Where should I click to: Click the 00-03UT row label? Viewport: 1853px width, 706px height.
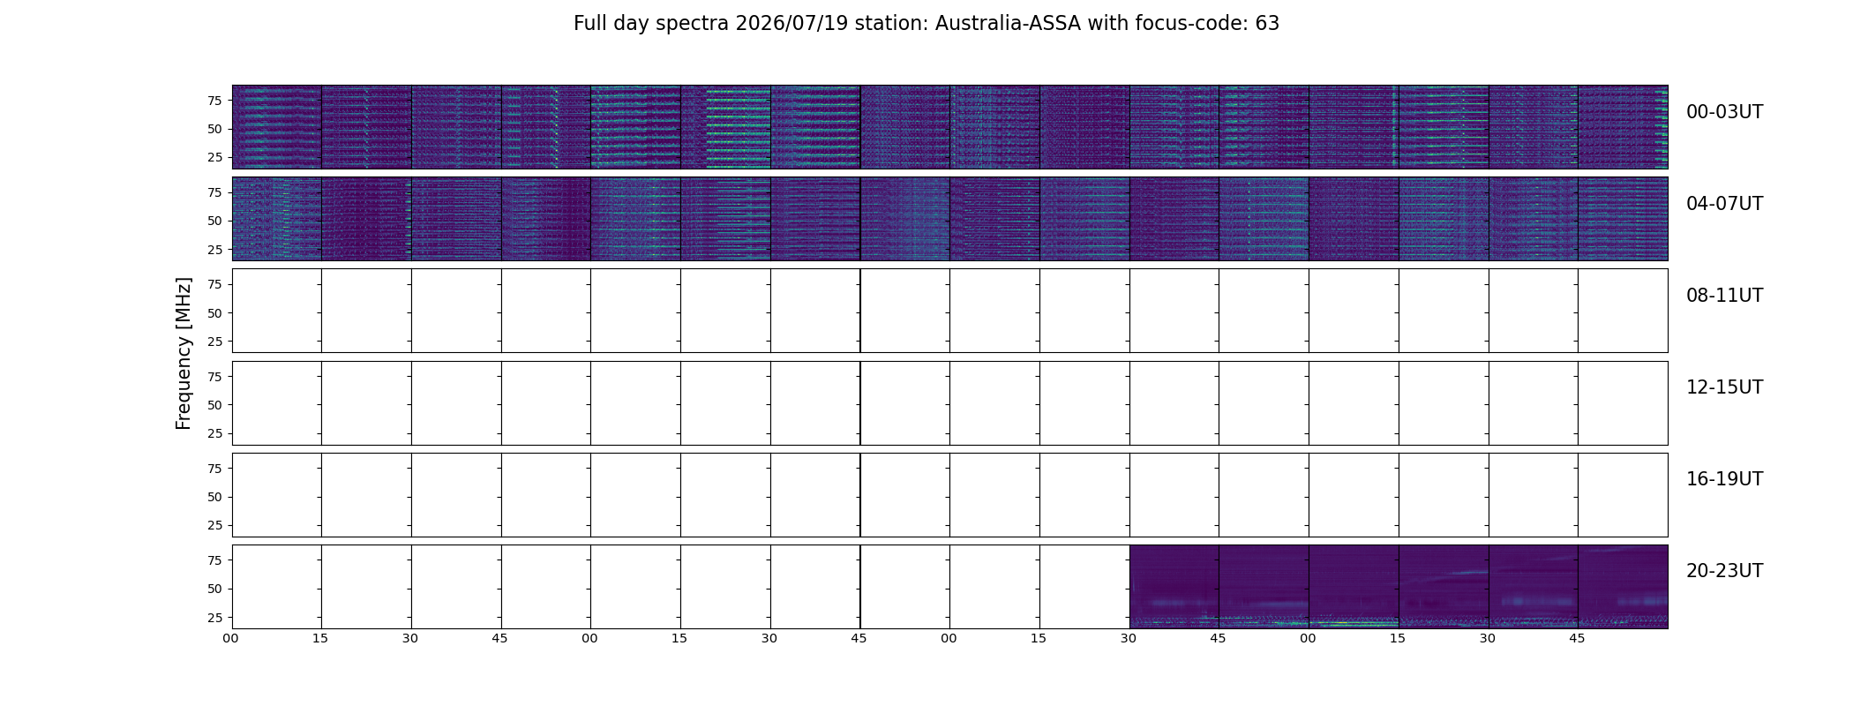tap(1724, 112)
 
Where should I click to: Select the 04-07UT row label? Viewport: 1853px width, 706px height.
tap(1724, 204)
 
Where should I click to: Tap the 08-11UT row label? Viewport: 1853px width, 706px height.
tap(1724, 296)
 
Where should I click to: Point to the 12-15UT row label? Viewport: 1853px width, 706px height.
tap(1724, 387)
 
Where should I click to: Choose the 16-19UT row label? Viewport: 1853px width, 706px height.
tap(1724, 479)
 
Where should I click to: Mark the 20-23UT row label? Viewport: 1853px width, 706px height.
tap(1724, 571)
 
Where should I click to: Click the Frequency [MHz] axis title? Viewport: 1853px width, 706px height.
tap(184, 353)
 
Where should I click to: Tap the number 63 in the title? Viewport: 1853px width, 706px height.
tap(1267, 24)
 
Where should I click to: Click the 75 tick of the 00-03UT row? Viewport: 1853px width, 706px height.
tap(214, 101)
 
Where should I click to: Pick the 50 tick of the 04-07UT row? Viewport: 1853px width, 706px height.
tap(214, 222)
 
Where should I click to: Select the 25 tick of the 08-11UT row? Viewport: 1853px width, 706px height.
tap(214, 342)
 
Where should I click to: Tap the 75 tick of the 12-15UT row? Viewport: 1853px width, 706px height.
tap(214, 377)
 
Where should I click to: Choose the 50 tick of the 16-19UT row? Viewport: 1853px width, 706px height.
tap(214, 497)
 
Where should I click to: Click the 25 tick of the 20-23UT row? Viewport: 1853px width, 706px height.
tap(214, 618)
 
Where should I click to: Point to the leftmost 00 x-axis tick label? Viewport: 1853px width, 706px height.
tap(231, 638)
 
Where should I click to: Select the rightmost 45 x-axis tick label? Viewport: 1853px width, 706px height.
tap(1577, 638)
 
